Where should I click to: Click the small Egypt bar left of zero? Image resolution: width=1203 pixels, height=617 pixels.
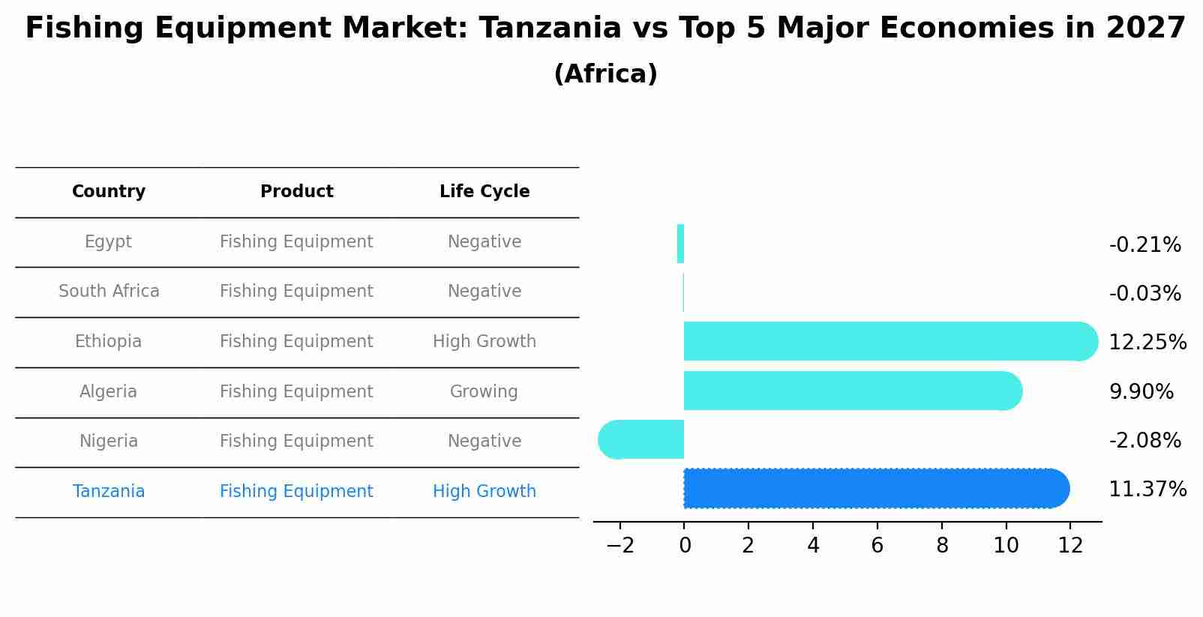coord(680,244)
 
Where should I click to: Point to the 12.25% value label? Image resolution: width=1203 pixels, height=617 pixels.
coord(1147,343)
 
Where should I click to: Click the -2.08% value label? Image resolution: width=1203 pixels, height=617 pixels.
coord(1144,441)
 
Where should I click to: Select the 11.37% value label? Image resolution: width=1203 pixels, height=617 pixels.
coord(1147,490)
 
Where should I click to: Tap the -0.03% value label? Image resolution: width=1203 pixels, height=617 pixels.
coord(1144,294)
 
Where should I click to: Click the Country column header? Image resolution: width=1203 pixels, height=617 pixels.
coord(109,192)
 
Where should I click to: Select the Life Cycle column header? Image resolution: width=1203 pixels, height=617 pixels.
coord(484,192)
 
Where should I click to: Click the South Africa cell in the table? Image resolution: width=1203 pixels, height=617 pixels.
coord(109,292)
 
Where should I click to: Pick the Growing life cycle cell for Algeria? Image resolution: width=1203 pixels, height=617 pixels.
coord(484,392)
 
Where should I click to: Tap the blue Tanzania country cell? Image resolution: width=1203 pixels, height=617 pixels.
coord(109,492)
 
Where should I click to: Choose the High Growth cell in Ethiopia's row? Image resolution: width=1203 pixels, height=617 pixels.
coord(484,342)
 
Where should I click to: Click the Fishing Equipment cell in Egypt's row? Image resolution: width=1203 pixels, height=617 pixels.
coord(296,242)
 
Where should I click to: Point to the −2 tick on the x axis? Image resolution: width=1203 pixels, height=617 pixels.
coord(620,546)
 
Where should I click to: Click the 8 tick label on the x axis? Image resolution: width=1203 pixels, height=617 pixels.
coord(942,546)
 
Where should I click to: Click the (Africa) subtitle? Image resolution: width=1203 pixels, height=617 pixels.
coord(605,74)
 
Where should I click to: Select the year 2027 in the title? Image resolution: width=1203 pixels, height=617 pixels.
coord(1145,28)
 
